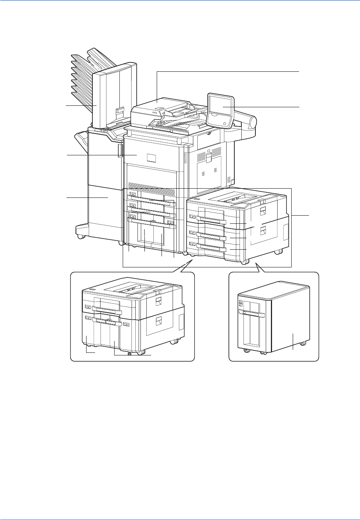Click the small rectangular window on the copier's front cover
(x=151, y=158)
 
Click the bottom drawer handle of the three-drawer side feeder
(x=211, y=245)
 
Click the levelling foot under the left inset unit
(x=129, y=353)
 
